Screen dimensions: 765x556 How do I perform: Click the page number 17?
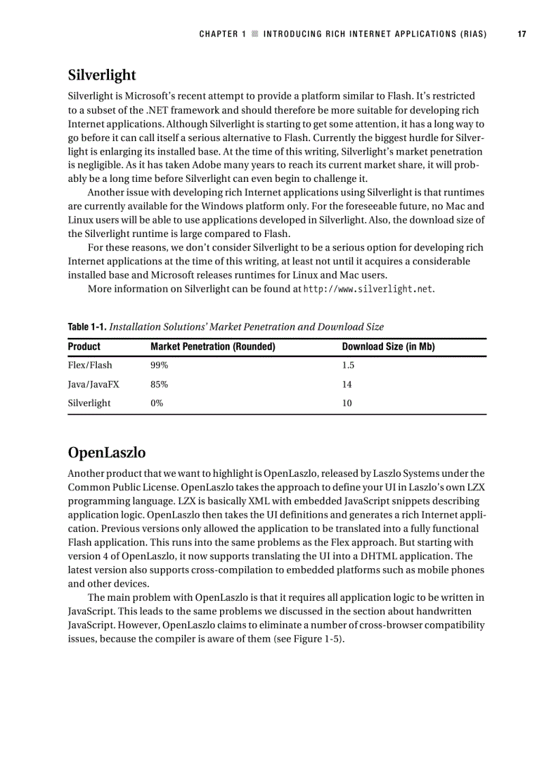click(x=522, y=33)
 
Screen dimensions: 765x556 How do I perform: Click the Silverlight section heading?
click(x=102, y=75)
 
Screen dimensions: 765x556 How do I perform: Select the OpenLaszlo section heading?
click(x=106, y=452)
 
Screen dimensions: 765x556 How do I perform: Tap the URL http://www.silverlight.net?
click(x=368, y=289)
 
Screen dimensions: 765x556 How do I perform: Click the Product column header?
click(x=84, y=347)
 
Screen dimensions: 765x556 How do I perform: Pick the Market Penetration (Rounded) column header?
click(x=213, y=347)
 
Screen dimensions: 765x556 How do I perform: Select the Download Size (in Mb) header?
click(x=388, y=347)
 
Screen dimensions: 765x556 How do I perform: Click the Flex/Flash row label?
click(x=90, y=365)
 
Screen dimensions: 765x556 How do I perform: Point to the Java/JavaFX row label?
click(x=93, y=384)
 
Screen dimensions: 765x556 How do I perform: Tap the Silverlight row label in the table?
click(x=89, y=403)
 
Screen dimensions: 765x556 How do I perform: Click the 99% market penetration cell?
click(x=159, y=365)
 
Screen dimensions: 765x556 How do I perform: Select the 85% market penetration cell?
click(x=159, y=384)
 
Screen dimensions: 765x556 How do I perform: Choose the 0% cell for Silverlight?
click(x=157, y=403)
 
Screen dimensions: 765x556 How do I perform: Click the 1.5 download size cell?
click(x=348, y=365)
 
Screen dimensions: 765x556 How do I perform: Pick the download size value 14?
click(x=347, y=384)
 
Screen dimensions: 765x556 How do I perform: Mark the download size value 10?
click(x=347, y=403)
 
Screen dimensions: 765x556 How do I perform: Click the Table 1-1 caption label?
click(x=87, y=327)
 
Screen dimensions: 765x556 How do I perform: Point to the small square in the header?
click(x=254, y=33)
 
